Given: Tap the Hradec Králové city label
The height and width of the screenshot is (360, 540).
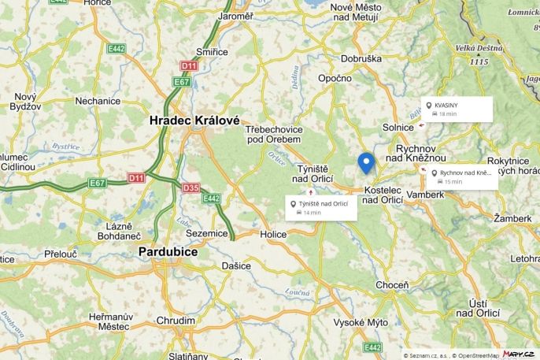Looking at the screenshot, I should [x=194, y=121].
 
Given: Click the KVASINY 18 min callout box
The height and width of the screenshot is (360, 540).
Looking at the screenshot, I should [x=457, y=109].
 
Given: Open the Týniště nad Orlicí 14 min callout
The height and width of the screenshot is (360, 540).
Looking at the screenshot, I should [x=321, y=208].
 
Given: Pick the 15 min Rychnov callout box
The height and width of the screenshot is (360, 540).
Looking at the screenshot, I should [x=463, y=176].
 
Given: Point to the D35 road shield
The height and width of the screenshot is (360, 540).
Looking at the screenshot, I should [x=190, y=187].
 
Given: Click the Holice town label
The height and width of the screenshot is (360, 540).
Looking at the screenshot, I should [x=274, y=234].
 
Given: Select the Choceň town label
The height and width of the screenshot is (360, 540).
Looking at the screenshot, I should [x=392, y=284].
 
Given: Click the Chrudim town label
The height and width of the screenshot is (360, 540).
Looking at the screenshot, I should [x=176, y=321].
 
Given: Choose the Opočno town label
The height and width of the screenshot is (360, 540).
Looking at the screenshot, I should [x=335, y=78].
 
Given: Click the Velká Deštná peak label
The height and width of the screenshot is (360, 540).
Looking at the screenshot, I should [x=478, y=47].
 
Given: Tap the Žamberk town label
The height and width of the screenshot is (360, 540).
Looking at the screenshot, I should [x=512, y=217].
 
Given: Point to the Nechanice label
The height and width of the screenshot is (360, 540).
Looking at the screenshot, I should [x=98, y=101].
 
